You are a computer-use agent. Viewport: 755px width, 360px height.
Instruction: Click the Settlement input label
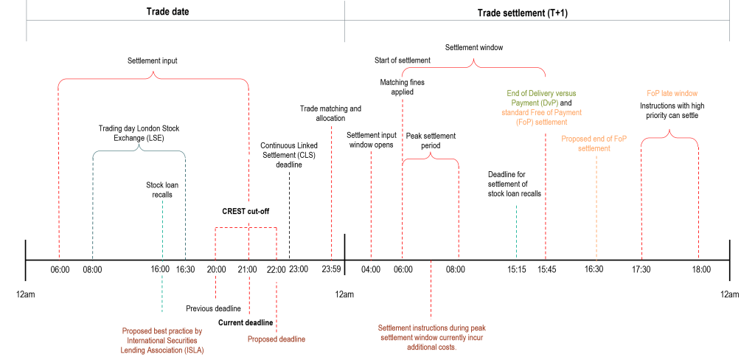(152, 61)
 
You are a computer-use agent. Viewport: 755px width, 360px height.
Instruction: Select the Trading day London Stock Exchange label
(139, 133)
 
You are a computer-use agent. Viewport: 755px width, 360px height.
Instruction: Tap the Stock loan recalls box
(161, 187)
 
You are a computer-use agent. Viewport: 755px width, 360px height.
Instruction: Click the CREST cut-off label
(246, 211)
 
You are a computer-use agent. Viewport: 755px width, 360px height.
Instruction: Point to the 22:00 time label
(276, 270)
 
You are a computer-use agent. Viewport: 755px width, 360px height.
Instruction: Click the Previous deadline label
(214, 308)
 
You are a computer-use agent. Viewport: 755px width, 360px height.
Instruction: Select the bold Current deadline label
(246, 323)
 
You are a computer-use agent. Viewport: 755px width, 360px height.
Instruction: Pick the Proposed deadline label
(276, 339)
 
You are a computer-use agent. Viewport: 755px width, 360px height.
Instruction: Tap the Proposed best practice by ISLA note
(162, 340)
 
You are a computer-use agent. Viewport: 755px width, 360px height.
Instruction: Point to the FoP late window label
(672, 94)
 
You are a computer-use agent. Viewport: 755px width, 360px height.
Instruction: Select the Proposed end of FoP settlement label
(594, 141)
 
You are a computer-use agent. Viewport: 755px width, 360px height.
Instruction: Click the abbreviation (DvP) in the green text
(546, 103)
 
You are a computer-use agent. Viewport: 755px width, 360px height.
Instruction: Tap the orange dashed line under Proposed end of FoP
(596, 207)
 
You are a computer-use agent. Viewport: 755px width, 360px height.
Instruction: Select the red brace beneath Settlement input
(153, 78)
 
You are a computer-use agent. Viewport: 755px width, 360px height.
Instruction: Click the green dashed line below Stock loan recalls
(162, 251)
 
